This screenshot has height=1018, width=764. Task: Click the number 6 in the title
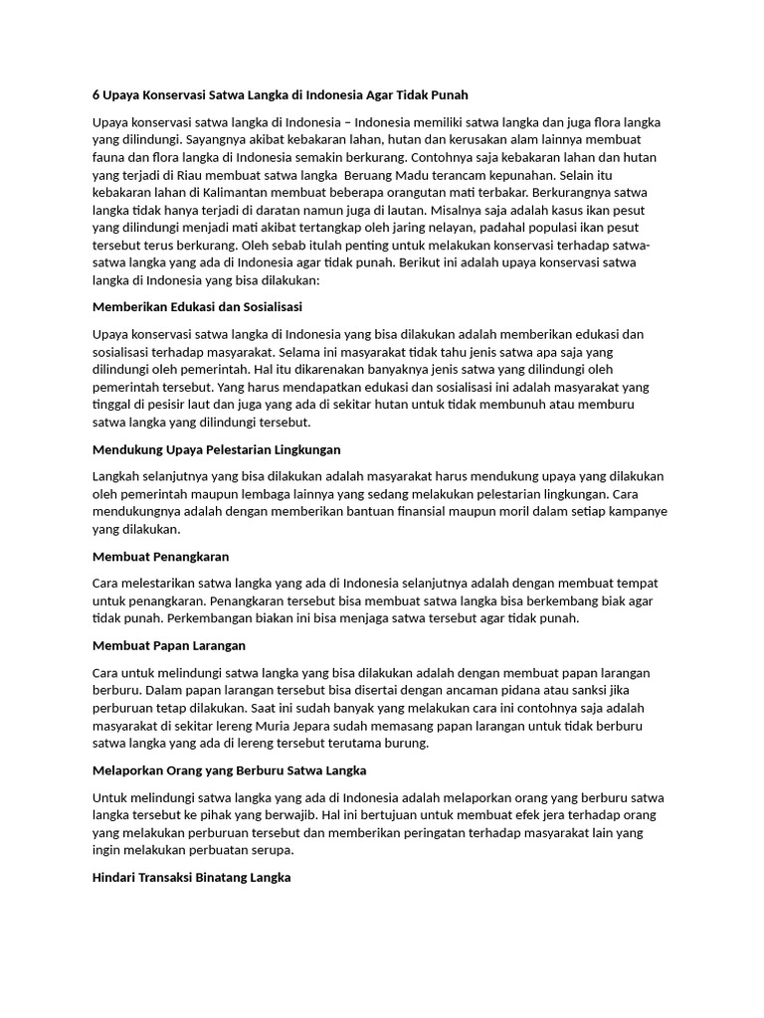click(x=95, y=94)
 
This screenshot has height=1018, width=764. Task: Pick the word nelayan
click(x=445, y=228)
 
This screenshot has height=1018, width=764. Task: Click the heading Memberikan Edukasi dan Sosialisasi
click(x=197, y=306)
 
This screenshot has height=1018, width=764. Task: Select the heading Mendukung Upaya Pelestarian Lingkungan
click(x=216, y=449)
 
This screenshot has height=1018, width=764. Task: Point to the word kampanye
click(x=632, y=512)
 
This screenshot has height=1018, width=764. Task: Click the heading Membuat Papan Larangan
click(x=168, y=645)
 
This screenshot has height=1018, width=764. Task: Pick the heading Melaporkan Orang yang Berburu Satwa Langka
click(x=229, y=770)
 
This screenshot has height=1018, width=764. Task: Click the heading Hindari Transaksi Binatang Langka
click(x=191, y=878)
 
